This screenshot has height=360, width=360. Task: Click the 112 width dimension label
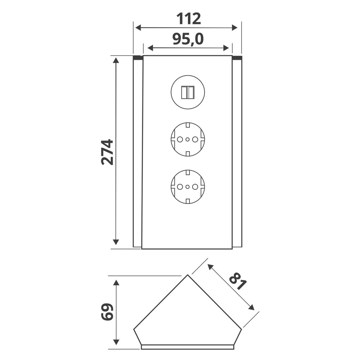(188, 19)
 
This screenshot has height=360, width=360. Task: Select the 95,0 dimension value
(188, 39)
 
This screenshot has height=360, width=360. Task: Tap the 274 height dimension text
(107, 152)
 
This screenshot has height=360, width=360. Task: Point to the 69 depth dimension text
(107, 312)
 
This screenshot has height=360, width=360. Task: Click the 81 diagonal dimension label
(238, 281)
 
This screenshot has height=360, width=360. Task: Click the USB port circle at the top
(188, 93)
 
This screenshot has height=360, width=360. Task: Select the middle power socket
(188, 139)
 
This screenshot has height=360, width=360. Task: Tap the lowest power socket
(188, 187)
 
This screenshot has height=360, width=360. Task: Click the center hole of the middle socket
(188, 139)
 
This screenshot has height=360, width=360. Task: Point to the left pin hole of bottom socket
(180, 187)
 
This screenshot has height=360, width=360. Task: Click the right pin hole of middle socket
(195, 139)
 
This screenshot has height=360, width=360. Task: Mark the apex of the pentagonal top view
(188, 275)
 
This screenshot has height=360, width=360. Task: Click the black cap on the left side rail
(138, 58)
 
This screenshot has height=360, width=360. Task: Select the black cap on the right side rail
(237, 58)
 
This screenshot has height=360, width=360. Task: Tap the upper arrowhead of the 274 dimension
(116, 60)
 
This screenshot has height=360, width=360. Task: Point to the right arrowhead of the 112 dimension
(235, 28)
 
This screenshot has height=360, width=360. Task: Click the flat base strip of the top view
(188, 347)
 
